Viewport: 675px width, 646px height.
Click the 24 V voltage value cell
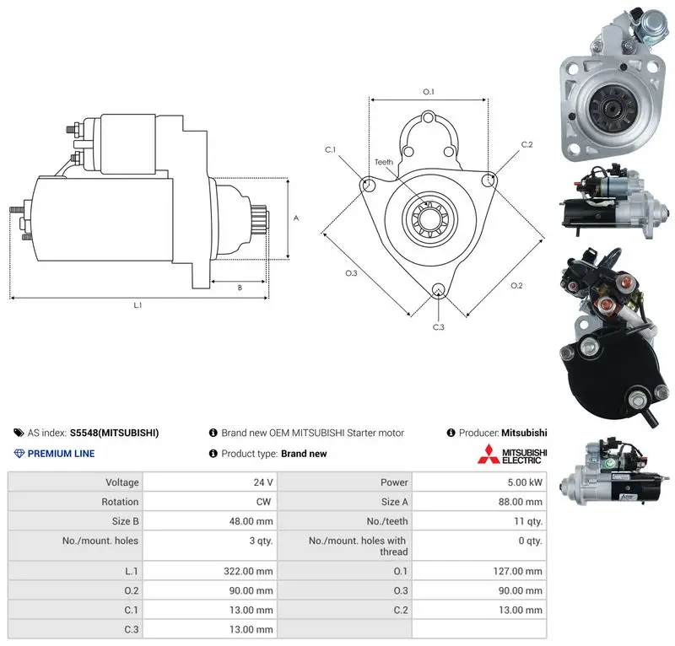coord(263,482)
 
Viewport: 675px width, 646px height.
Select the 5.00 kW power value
coord(525,482)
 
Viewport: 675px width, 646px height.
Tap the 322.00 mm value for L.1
coord(248,571)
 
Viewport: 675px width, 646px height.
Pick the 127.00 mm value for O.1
coord(517,571)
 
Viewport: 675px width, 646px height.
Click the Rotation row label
coord(120,502)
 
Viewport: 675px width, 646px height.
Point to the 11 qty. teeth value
coord(528,521)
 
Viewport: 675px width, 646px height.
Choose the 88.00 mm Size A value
coord(520,502)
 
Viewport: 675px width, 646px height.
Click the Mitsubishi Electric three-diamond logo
coord(489,455)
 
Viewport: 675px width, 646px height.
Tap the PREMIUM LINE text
coord(61,454)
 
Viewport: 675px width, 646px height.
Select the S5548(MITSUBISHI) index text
coord(114,433)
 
